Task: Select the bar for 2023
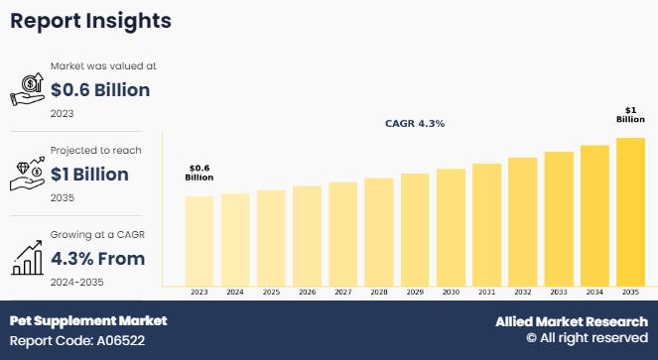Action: pos(199,240)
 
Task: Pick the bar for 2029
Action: pos(415,229)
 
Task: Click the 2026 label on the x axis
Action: pos(307,293)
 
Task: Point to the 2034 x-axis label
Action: pos(593,293)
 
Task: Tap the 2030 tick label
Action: pos(451,293)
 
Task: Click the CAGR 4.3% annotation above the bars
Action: pos(415,124)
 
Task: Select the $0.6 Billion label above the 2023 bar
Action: pos(199,173)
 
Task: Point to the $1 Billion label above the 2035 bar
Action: pos(630,114)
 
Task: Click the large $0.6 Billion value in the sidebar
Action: pos(99,90)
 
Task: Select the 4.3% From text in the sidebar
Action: pos(97,259)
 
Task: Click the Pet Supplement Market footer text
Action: pos(88,321)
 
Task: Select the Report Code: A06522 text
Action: pos(76,340)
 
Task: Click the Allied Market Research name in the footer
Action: pos(571,321)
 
